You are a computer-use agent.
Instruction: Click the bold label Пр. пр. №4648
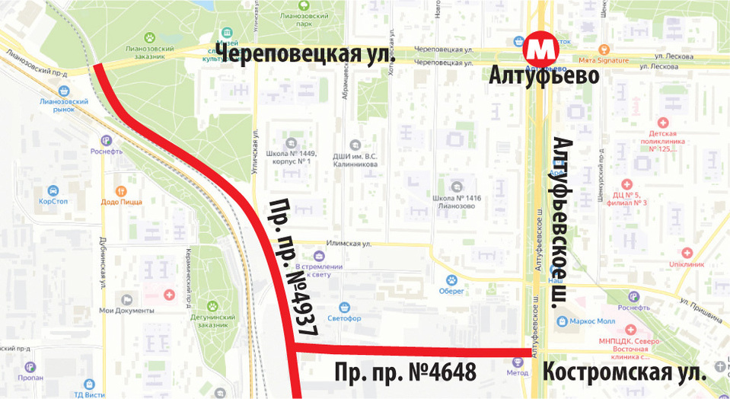click(x=406, y=372)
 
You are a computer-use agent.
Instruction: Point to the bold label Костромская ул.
click(x=623, y=373)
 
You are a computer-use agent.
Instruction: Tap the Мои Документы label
click(x=126, y=310)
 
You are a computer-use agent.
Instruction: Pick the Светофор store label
click(x=345, y=318)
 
